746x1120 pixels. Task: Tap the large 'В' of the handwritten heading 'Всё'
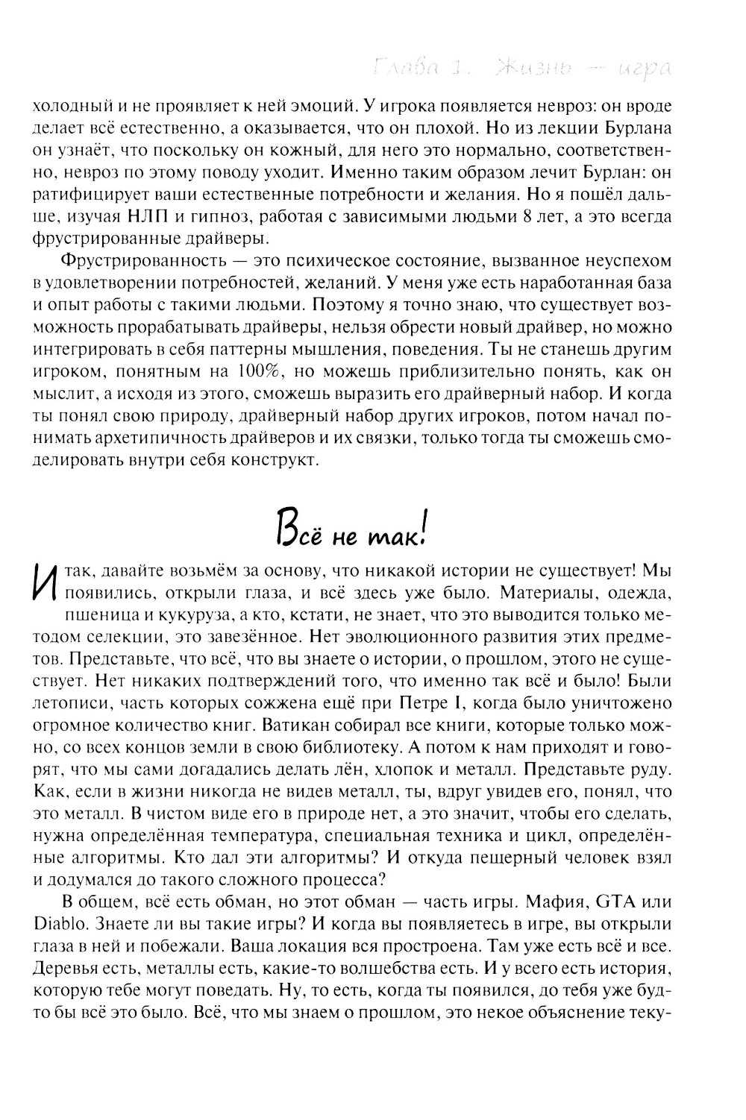pyautogui.click(x=287, y=531)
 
